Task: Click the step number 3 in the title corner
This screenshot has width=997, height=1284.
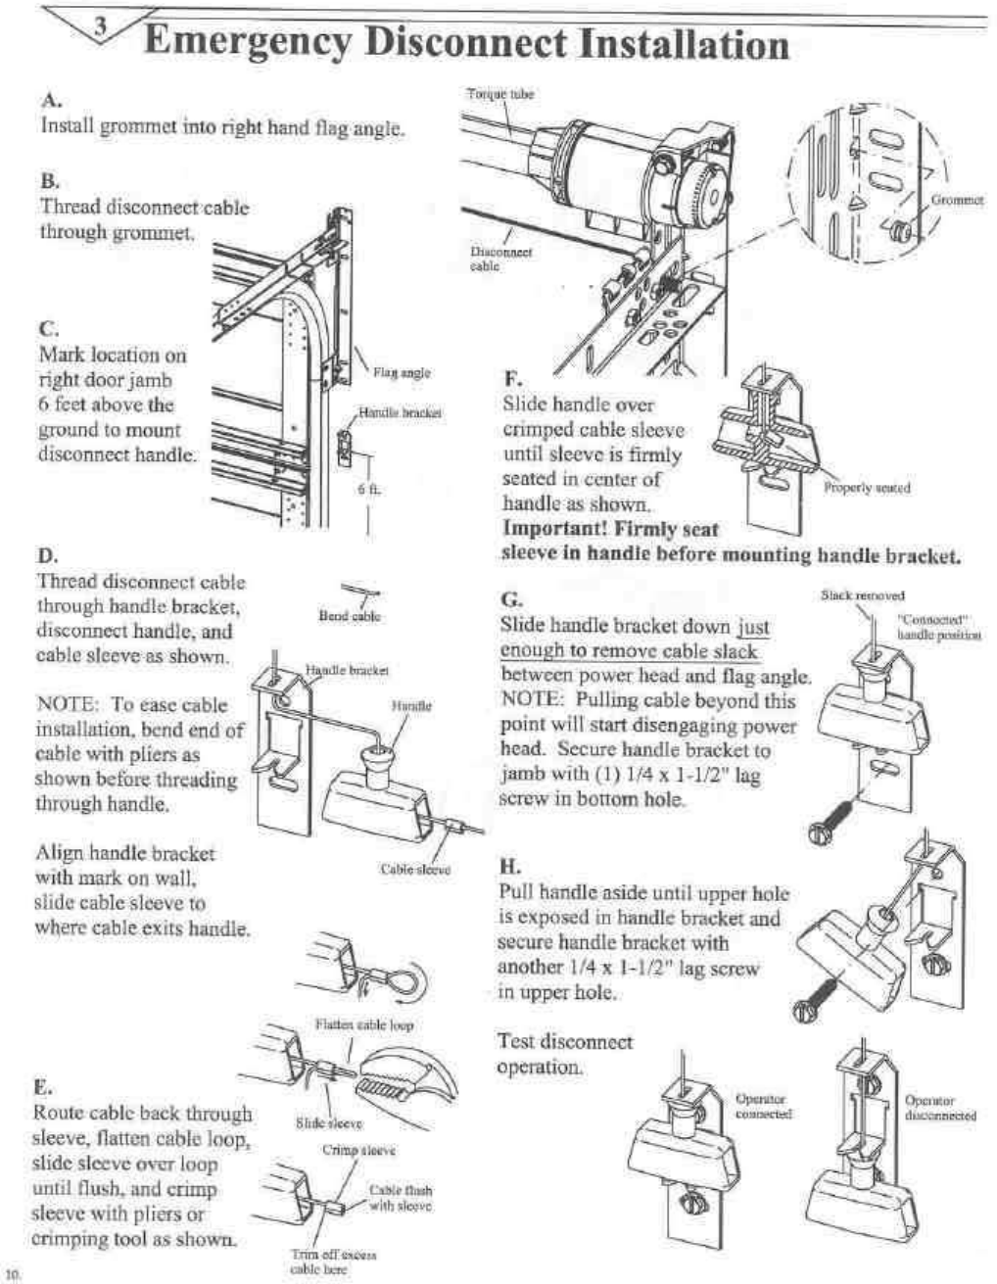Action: pos(100,28)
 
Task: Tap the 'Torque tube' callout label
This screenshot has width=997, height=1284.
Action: pos(499,95)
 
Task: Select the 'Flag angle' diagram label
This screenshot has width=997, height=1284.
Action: pos(402,372)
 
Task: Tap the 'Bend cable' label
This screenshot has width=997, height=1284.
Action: pos(350,616)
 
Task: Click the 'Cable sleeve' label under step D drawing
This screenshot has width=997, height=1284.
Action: pos(415,869)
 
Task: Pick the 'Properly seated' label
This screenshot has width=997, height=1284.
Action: pos(867,488)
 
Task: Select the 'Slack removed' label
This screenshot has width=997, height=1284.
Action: pos(862,594)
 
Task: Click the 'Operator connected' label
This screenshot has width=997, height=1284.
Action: pos(762,1107)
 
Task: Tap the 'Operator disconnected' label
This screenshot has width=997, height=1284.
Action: pos(940,1108)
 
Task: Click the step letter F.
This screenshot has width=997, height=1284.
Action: pos(511,378)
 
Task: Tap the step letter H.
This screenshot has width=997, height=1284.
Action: pos(509,867)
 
